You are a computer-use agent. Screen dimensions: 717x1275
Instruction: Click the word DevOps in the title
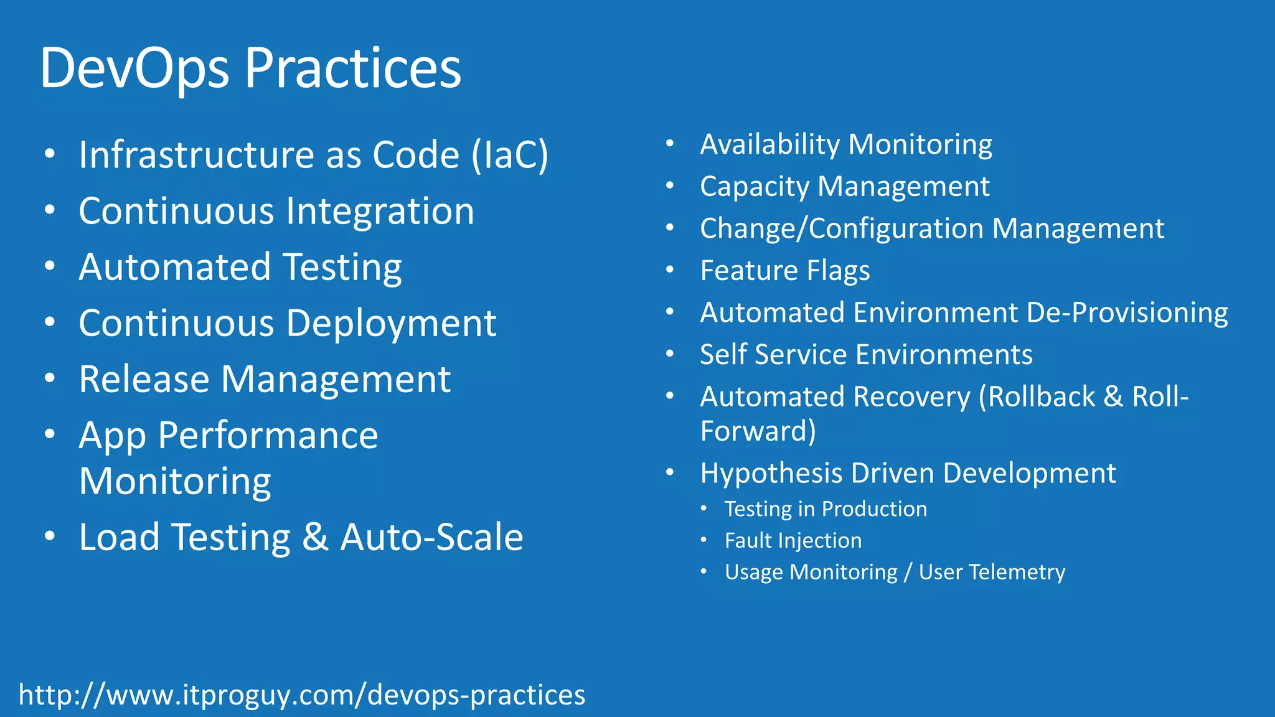tap(134, 68)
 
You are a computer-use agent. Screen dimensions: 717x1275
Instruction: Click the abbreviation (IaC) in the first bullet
tap(509, 154)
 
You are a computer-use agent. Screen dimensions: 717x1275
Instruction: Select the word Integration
tap(380, 212)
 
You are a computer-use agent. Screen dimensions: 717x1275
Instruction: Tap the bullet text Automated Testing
tap(240, 268)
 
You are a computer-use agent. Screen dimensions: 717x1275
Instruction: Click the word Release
tap(144, 380)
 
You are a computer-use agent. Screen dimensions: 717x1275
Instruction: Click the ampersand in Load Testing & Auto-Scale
tap(315, 537)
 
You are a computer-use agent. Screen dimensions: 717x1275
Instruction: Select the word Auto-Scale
tap(431, 537)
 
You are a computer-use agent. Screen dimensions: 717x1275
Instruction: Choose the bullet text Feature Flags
tap(784, 271)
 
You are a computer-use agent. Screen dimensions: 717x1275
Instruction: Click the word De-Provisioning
tap(1127, 312)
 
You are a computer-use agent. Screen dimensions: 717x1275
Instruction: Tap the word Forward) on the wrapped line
tap(758, 431)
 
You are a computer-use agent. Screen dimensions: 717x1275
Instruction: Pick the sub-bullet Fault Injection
tap(793, 541)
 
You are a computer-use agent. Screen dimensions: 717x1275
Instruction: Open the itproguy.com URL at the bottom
tap(302, 695)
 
